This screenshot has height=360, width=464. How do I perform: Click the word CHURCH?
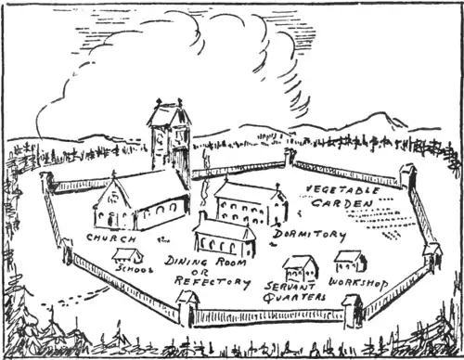(x=108, y=238)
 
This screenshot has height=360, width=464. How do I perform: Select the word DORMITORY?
(x=310, y=236)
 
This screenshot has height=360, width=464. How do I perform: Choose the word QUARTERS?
(x=293, y=297)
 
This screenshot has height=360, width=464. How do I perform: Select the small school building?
(x=127, y=254)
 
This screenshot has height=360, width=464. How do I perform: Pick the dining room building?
(x=224, y=238)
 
